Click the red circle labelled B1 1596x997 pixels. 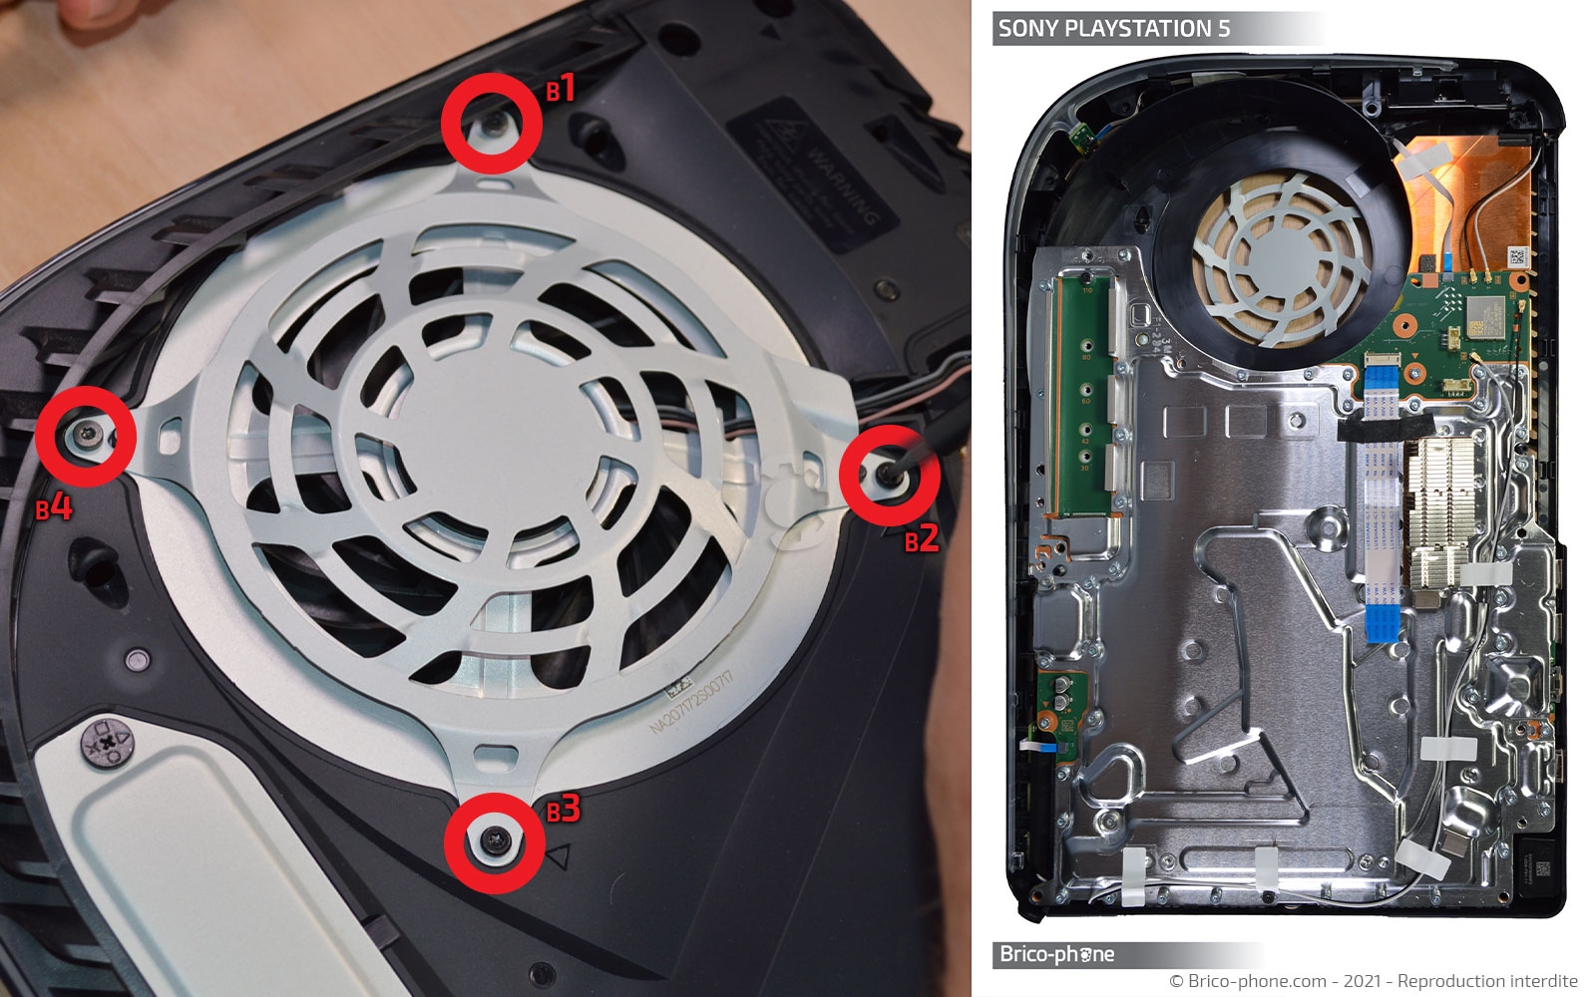(492, 121)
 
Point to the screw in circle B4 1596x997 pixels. (85, 436)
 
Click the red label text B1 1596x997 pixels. (561, 90)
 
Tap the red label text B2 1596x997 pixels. (922, 539)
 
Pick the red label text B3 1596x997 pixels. (563, 809)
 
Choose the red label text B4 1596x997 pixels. (54, 508)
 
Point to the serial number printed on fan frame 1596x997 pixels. (691, 702)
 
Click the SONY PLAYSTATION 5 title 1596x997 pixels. (1114, 28)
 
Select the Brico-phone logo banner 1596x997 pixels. (1057, 954)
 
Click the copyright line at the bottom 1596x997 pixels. (1373, 982)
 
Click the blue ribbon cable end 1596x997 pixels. (1384, 623)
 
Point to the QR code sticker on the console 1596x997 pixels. (1517, 255)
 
